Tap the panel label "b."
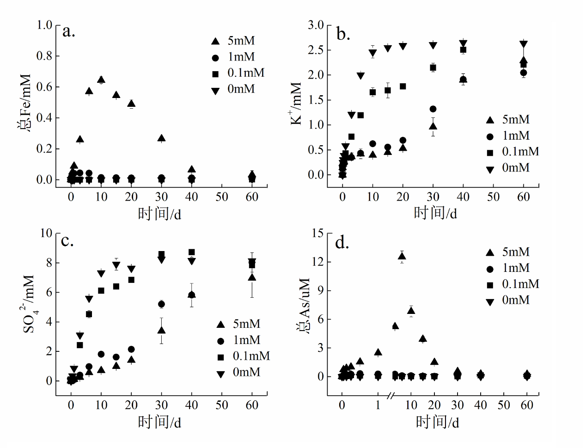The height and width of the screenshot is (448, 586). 343,34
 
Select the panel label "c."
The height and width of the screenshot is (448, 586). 67,240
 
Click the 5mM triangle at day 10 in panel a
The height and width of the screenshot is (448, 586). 101,80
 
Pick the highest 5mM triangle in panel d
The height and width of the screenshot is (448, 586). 402,256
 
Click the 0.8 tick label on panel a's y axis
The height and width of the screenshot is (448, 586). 44,56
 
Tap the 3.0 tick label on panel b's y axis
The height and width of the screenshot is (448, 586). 316,25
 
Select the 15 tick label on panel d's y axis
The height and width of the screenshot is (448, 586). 317,233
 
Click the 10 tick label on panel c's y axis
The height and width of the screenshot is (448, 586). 46,233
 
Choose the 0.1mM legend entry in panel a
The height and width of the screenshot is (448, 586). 238,73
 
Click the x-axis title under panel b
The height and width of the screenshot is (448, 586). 435,213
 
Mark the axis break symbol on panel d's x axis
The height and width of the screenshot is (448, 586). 391,396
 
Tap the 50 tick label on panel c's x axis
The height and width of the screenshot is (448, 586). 222,405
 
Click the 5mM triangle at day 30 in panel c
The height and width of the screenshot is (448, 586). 161,330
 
